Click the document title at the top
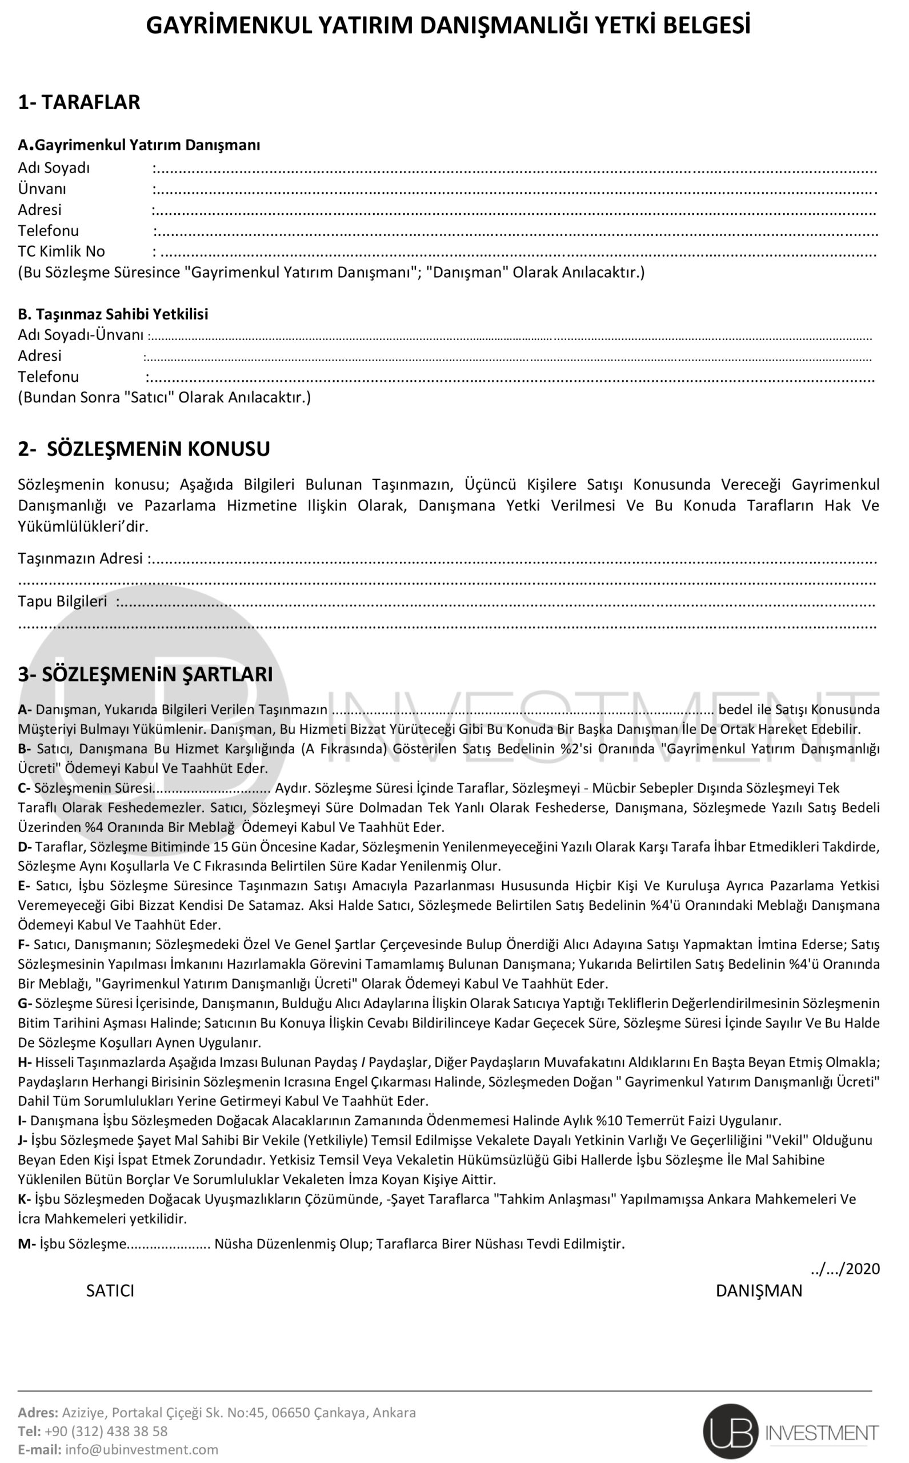coord(448,26)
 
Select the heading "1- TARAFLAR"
coord(79,102)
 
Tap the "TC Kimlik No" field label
coord(61,251)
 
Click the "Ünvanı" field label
coord(42,189)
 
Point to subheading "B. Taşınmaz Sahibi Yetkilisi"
coord(113,314)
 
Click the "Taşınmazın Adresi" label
coord(81,558)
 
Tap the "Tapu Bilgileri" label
coord(62,601)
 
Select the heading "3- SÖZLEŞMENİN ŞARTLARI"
coord(145,674)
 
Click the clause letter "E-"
coord(24,886)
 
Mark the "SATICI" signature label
coord(110,1291)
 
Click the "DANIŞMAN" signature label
coord(759,1291)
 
